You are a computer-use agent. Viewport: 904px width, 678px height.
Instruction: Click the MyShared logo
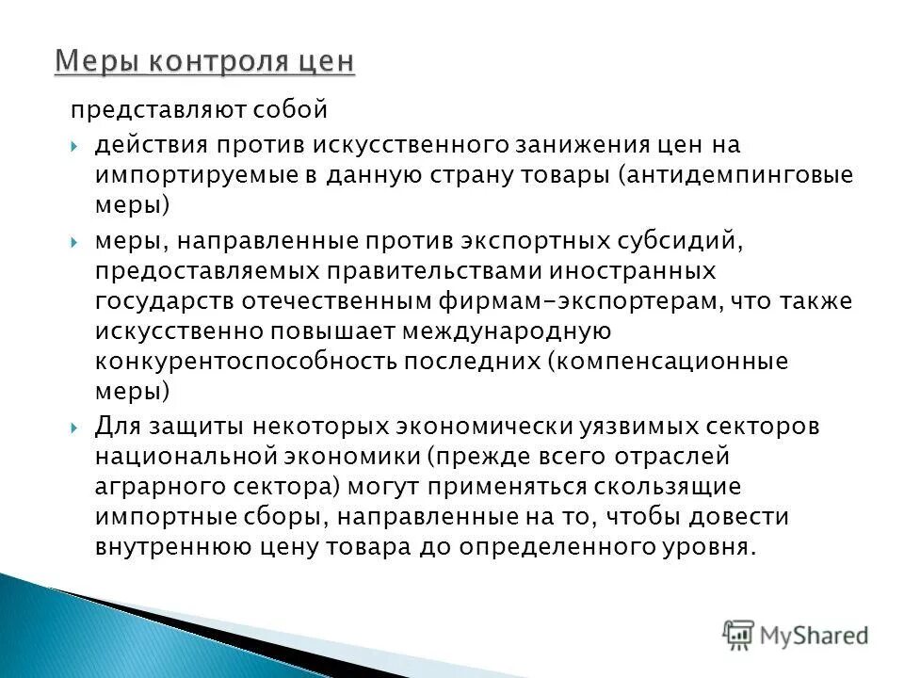click(x=796, y=635)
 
